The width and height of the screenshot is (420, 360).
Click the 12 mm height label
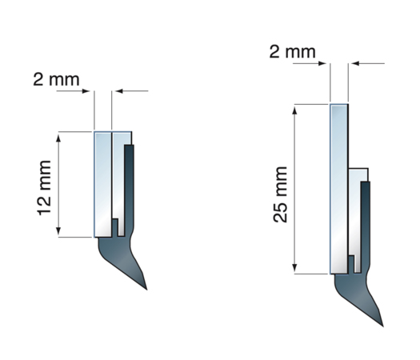click(x=44, y=188)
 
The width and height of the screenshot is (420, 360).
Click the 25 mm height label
click(x=280, y=194)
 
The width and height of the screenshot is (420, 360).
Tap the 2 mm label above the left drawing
click(x=56, y=79)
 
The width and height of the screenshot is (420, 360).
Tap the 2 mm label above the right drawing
click(x=293, y=52)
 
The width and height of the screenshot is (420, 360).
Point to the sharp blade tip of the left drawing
click(x=146, y=290)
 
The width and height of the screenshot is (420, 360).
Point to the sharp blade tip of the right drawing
click(x=383, y=326)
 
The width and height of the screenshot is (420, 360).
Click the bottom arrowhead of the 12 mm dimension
click(x=58, y=230)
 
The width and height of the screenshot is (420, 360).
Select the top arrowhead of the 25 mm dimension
click(x=294, y=110)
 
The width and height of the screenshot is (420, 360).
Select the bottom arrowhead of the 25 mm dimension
click(x=294, y=267)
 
